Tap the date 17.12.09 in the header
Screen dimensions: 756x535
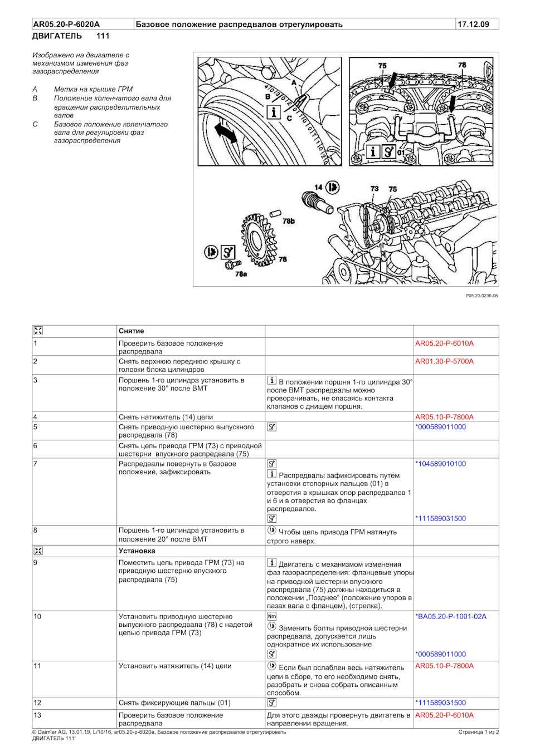pyautogui.click(x=473, y=24)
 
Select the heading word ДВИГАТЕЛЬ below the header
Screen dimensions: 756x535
pyautogui.click(x=57, y=36)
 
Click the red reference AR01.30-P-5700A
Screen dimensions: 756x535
pyautogui.click(x=444, y=361)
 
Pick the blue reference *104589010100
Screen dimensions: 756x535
pyautogui.click(x=440, y=463)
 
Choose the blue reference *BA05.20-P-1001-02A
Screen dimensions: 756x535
pyautogui.click(x=450, y=616)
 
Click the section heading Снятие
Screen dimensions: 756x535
pyautogui.click(x=131, y=331)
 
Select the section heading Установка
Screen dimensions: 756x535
pyautogui.click(x=137, y=551)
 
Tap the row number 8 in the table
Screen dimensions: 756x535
pyautogui.click(x=35, y=531)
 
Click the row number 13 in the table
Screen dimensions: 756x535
pyautogui.click(x=37, y=715)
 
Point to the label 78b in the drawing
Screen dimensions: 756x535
pyautogui.click(x=288, y=221)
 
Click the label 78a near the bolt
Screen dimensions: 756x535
pyautogui.click(x=241, y=274)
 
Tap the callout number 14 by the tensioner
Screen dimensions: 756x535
pyautogui.click(x=318, y=188)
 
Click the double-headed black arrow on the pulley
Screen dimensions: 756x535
pyautogui.click(x=225, y=134)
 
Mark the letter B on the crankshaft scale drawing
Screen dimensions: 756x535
pyautogui.click(x=268, y=97)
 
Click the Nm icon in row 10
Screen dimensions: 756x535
pyautogui.click(x=272, y=616)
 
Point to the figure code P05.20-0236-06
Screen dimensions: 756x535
pyautogui.click(x=481, y=296)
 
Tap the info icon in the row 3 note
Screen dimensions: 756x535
pyautogui.click(x=272, y=380)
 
